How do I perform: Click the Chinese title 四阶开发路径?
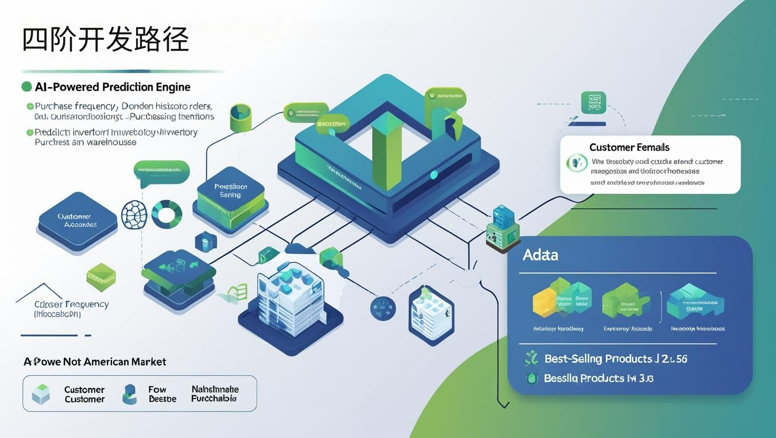click(x=105, y=39)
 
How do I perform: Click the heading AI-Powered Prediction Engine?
click(x=112, y=87)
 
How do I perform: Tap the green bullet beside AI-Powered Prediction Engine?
click(x=26, y=87)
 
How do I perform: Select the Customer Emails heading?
click(x=629, y=147)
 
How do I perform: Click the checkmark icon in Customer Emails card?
click(x=577, y=163)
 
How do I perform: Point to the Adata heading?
click(x=540, y=255)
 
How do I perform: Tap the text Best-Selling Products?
click(x=598, y=359)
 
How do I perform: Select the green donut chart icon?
click(x=167, y=214)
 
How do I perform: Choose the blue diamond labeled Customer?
click(x=77, y=221)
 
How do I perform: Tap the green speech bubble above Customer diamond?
click(x=161, y=171)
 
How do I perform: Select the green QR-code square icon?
click(x=594, y=102)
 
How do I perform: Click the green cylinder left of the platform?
click(x=240, y=117)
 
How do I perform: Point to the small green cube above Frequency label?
click(x=101, y=277)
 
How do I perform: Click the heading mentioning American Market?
click(x=95, y=362)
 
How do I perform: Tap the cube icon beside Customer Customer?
click(x=41, y=394)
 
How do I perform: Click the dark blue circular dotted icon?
click(x=383, y=308)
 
